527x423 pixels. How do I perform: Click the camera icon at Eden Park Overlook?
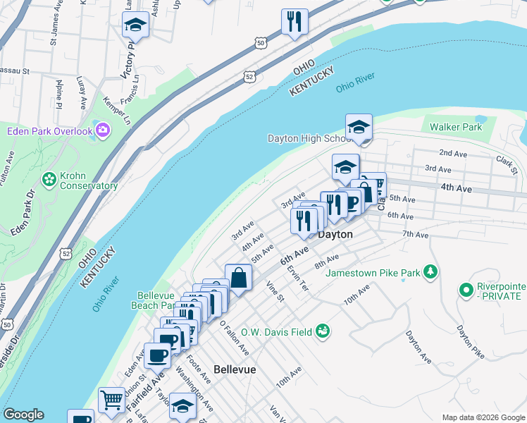103,130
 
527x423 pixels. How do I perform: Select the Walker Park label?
456,127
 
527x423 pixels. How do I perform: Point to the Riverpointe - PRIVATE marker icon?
465,289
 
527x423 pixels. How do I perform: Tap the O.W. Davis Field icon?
323,331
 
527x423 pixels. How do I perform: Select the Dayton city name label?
335,234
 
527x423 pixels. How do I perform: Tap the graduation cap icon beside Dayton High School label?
359,127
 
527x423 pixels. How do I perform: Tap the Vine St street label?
274,291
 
